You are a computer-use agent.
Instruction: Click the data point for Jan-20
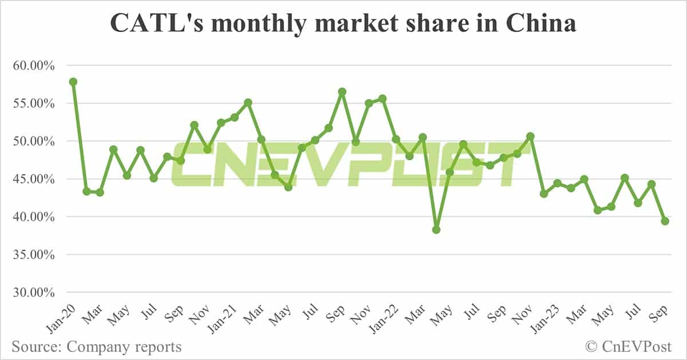pos(73,82)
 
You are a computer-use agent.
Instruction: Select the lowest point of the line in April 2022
pos(436,230)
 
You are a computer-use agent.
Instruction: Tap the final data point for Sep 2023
pos(665,221)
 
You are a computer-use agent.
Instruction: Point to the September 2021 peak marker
pos(342,92)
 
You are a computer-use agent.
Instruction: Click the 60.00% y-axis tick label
pos(33,66)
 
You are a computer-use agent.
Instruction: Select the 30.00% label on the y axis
pos(33,292)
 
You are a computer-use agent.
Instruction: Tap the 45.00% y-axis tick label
pos(33,179)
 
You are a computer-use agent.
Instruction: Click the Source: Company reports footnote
pos(96,347)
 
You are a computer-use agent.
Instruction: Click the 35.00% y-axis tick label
pos(33,255)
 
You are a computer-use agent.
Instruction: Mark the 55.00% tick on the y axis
pos(33,104)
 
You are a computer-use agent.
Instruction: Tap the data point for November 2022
pos(530,136)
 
